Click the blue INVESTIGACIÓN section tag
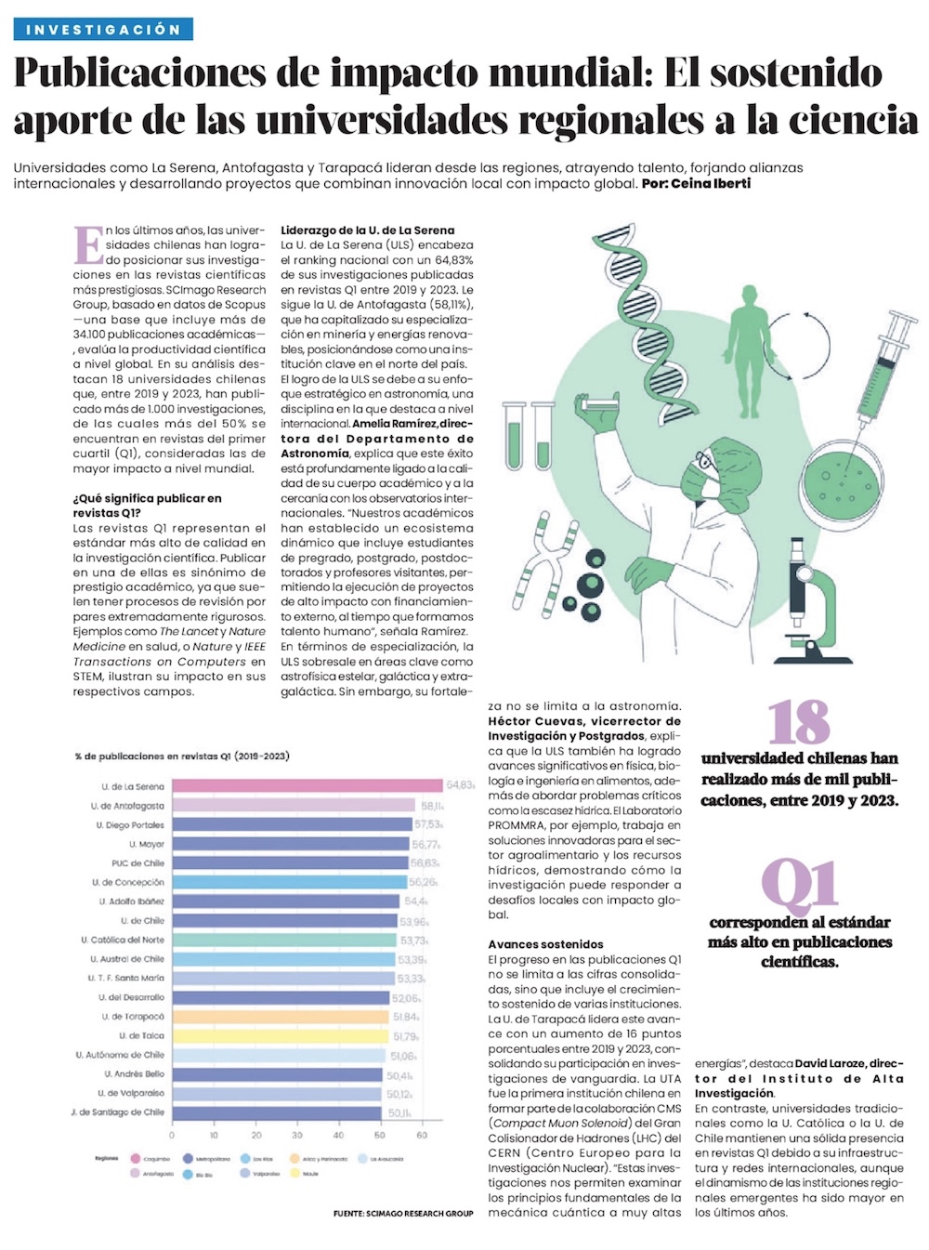tap(103, 30)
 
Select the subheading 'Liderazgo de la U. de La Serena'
tap(368, 230)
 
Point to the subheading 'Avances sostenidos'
tap(545, 944)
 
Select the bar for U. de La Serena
tap(307, 786)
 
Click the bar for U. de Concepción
tap(289, 882)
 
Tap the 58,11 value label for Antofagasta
tap(432, 806)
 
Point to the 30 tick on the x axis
tap(296, 1135)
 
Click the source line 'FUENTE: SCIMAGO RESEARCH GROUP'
tap(403, 1214)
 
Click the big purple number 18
tap(799, 722)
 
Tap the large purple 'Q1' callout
tap(799, 886)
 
